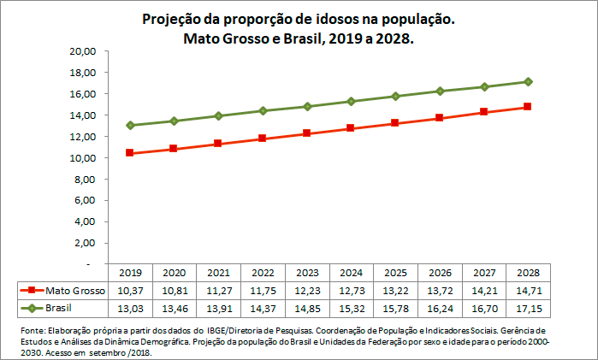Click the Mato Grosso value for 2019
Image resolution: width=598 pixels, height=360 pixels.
coord(129,291)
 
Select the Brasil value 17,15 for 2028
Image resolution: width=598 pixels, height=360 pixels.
coord(528,307)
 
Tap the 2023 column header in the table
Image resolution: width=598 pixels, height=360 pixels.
coord(306,274)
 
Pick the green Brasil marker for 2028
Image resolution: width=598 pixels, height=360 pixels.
coord(528,82)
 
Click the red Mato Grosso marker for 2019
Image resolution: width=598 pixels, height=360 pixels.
coord(129,153)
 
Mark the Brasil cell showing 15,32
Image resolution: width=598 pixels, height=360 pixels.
coord(351,307)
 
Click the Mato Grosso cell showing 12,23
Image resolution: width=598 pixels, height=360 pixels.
coord(306,291)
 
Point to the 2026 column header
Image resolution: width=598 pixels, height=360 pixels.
coord(439,274)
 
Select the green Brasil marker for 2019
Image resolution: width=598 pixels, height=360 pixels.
coord(129,126)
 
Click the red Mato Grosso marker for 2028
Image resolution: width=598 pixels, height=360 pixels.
coord(528,107)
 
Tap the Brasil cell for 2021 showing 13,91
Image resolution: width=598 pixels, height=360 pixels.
coord(218,307)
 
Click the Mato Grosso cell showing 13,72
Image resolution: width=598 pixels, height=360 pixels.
coord(439,291)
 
